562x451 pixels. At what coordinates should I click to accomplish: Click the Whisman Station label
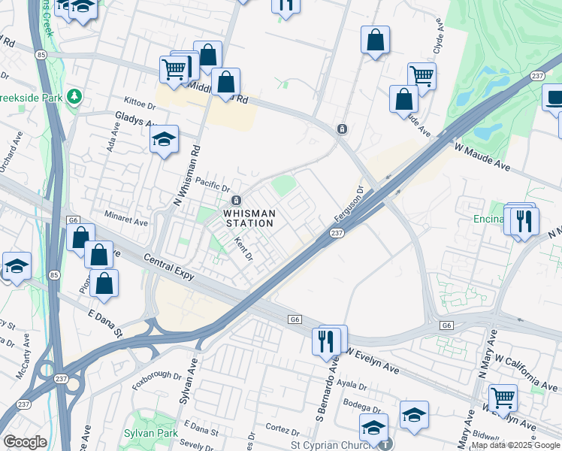click(x=249, y=218)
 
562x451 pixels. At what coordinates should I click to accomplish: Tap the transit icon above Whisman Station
click(x=236, y=201)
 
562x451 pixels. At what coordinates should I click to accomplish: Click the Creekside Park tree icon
click(x=74, y=96)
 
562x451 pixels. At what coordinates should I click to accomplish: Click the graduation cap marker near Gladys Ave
click(x=164, y=140)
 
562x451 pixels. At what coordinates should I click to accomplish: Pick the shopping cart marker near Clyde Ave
click(x=421, y=76)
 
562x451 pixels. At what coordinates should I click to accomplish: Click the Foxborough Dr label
click(x=158, y=374)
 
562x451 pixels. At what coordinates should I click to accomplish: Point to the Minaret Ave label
click(x=125, y=222)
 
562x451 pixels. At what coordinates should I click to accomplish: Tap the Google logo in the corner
click(x=25, y=442)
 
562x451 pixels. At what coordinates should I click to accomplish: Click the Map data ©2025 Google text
click(x=515, y=445)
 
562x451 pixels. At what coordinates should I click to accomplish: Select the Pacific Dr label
click(x=211, y=184)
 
